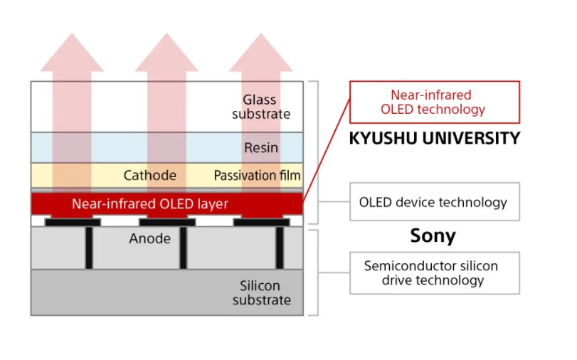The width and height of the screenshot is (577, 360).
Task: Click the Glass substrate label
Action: tap(261, 107)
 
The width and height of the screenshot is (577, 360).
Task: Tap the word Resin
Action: tap(261, 148)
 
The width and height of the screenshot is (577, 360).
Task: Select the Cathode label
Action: tap(149, 175)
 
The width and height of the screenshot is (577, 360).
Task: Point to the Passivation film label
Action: tap(257, 175)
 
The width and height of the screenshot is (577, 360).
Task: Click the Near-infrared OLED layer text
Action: tap(150, 204)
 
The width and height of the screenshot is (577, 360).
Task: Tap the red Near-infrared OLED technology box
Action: tap(434, 102)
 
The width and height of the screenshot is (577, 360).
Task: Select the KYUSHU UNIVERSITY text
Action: tap(434, 138)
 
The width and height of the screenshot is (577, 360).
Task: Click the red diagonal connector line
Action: tap(327, 150)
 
